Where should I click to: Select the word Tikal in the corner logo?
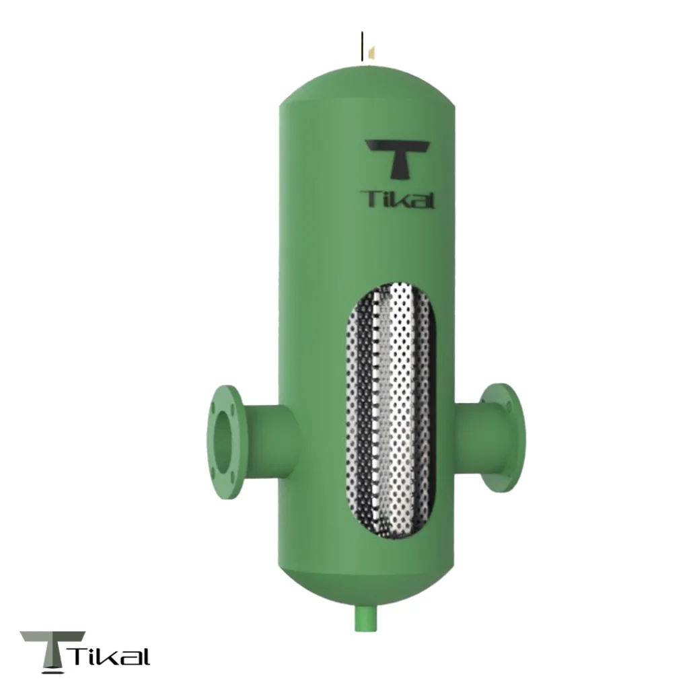[110, 656]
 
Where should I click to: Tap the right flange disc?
[505, 437]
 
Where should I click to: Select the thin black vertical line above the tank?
[363, 46]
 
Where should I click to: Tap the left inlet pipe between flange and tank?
[269, 441]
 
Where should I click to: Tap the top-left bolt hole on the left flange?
[214, 408]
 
